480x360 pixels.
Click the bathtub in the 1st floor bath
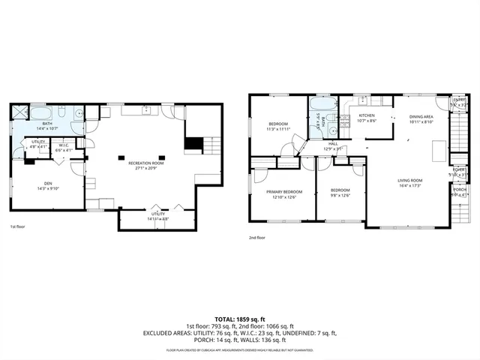point(41,114)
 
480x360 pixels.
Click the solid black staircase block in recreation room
point(193,143)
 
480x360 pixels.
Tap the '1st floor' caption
point(17,226)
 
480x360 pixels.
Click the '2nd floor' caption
point(257,238)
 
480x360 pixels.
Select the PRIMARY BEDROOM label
point(283,192)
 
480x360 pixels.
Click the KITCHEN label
point(367,115)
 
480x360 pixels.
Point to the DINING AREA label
point(421,117)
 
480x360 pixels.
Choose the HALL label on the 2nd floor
point(333,143)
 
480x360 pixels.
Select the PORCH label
point(459,190)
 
